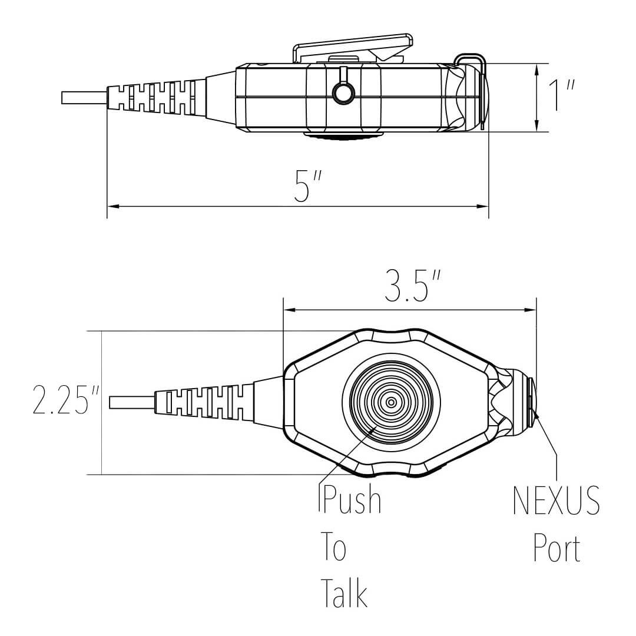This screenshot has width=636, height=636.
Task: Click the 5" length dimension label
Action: (x=303, y=186)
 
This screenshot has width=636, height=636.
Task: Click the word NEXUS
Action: (x=556, y=501)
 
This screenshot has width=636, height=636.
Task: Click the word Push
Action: (x=351, y=501)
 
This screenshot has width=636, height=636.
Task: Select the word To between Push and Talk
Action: (x=333, y=548)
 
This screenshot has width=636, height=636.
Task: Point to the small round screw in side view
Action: (x=343, y=92)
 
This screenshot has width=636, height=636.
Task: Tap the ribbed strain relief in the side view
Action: (x=156, y=97)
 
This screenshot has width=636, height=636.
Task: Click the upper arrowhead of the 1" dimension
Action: (x=536, y=69)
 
